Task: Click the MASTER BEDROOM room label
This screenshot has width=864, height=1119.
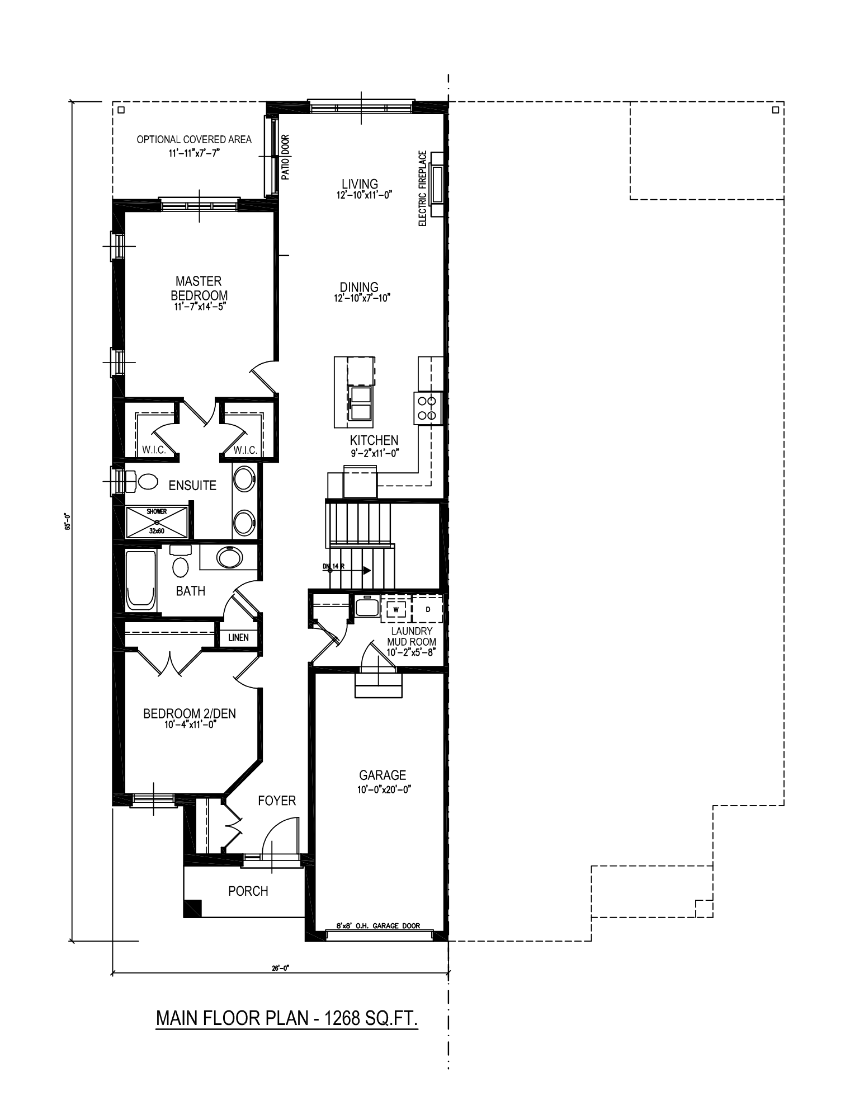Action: [x=199, y=288]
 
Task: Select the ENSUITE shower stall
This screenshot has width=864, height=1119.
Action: [x=157, y=521]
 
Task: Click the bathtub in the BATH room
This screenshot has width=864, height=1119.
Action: [x=141, y=580]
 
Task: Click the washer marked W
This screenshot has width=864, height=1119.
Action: [x=396, y=609]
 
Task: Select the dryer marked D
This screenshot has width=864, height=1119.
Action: [x=428, y=609]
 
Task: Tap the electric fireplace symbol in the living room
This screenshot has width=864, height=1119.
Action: [x=437, y=185]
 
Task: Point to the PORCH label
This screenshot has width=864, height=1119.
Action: [x=248, y=891]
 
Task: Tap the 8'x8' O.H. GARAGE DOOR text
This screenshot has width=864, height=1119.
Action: [x=378, y=925]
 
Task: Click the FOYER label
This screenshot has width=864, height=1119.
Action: [x=277, y=801]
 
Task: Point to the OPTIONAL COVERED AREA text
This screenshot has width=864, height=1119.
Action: [x=194, y=139]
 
